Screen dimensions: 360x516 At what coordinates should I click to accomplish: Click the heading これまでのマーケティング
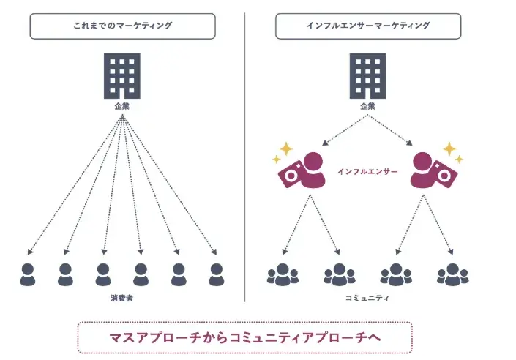[x=122, y=26]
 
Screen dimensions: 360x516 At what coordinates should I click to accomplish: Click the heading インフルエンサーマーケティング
[x=367, y=26]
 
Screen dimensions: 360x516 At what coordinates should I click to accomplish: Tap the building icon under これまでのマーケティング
[x=122, y=76]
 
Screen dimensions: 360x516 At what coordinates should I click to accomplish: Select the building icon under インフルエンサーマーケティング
[x=367, y=76]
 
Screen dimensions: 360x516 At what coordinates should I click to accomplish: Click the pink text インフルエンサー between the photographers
[x=367, y=171]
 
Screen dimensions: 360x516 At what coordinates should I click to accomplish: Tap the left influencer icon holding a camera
[x=304, y=171]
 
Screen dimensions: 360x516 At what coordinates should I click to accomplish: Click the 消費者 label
[x=121, y=299]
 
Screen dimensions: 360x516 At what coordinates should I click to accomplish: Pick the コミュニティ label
[x=367, y=299]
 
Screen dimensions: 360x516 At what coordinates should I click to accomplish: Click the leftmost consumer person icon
[x=28, y=274]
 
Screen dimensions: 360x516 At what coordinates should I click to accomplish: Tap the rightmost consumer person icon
[x=216, y=274]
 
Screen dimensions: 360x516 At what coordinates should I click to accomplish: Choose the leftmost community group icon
[x=283, y=274]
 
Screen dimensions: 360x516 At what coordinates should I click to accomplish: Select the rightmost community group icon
[x=453, y=274]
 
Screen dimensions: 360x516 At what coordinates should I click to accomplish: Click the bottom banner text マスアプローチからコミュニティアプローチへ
[x=244, y=338]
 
